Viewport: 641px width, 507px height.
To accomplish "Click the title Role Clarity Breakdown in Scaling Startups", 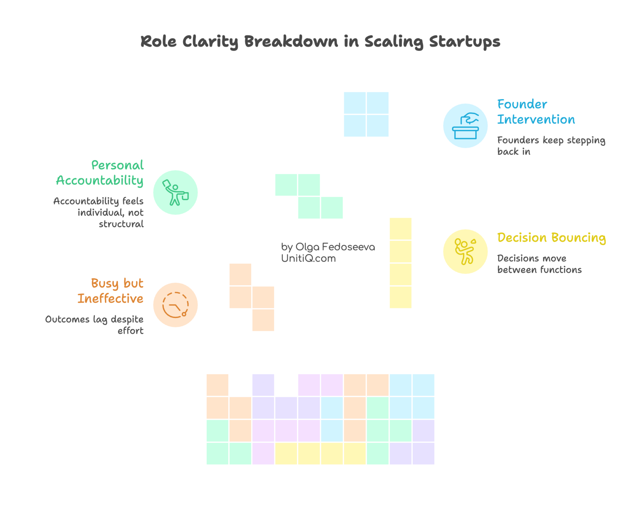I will pyautogui.click(x=320, y=41).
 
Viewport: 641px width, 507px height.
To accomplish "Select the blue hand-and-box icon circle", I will pyautogui.click(x=465, y=125).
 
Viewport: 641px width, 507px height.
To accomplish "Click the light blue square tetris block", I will pyautogui.click(x=366, y=114).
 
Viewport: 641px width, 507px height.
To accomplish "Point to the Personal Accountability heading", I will pyautogui.click(x=100, y=173).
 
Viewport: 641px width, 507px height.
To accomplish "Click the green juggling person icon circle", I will pyautogui.click(x=175, y=193).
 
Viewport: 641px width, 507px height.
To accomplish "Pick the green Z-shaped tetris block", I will pyautogui.click(x=309, y=196).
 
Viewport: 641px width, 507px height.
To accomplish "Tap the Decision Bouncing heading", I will pyautogui.click(x=551, y=238).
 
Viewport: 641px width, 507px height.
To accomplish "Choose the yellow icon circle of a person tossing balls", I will pyautogui.click(x=465, y=252).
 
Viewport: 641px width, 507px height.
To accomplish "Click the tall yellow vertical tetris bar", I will pyautogui.click(x=400, y=263).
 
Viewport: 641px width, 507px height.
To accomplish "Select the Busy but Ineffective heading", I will pyautogui.click(x=111, y=291).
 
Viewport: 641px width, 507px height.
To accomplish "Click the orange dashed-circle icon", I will pyautogui.click(x=175, y=305).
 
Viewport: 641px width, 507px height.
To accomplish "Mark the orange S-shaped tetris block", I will pyautogui.click(x=252, y=297).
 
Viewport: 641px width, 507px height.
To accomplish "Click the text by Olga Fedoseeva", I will pyautogui.click(x=328, y=247).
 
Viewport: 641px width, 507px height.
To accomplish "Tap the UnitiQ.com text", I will pyautogui.click(x=308, y=258).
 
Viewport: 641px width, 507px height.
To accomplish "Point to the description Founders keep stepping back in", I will pyautogui.click(x=551, y=146).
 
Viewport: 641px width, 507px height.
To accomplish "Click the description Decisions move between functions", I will pyautogui.click(x=539, y=264).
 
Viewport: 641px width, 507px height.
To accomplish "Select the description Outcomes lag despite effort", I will pyautogui.click(x=95, y=325).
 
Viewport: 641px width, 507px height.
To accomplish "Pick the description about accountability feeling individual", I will pyautogui.click(x=98, y=212).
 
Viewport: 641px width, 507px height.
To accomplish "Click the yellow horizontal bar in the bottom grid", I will pyautogui.click(x=320, y=454).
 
